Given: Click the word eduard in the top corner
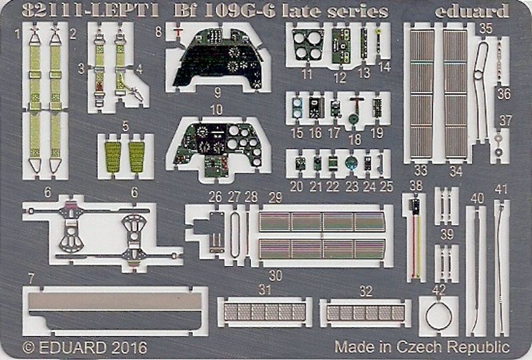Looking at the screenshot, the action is (472, 11).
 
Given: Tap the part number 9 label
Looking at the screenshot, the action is (218, 92).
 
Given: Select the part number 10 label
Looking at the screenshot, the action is (216, 109).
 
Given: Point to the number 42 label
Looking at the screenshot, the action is (439, 289).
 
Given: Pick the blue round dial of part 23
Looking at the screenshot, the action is (350, 163).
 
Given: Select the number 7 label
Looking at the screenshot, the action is (31, 279).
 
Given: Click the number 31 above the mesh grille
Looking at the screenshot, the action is (265, 289).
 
